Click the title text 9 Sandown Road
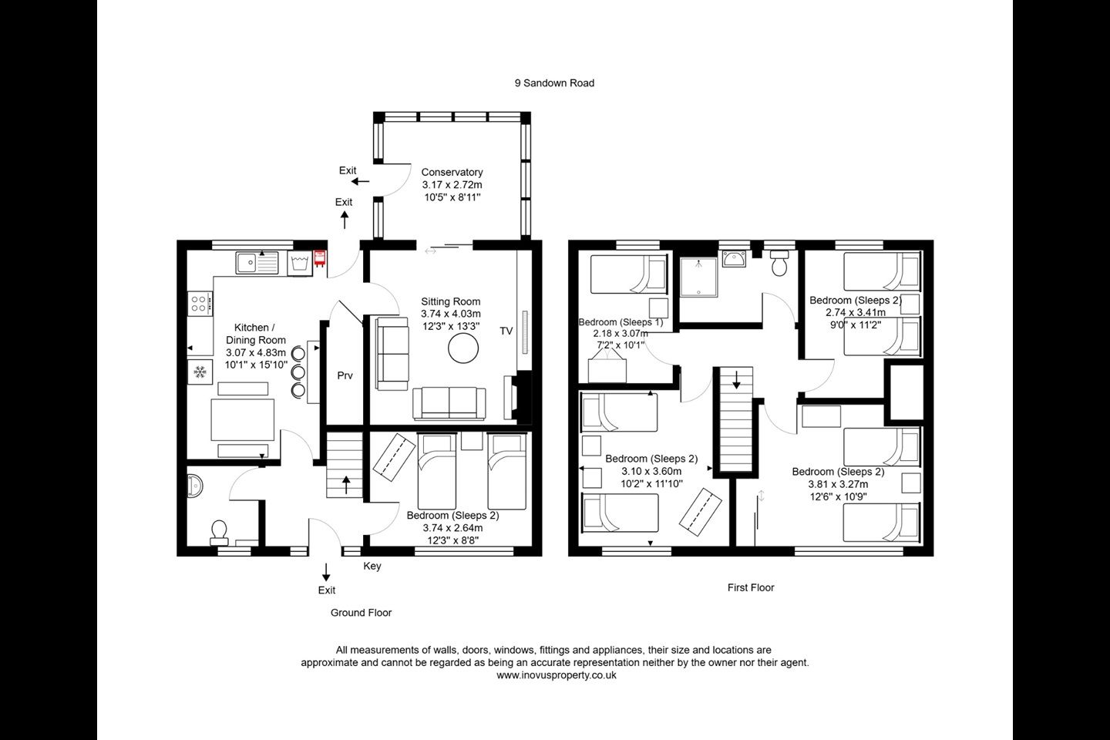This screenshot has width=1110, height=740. pyautogui.click(x=554, y=83)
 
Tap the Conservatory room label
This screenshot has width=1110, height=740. pyautogui.click(x=452, y=172)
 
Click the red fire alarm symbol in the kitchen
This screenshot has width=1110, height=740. pyautogui.click(x=320, y=259)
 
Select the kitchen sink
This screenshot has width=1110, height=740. pyautogui.click(x=257, y=263)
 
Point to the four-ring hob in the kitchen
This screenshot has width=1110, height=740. pyautogui.click(x=200, y=304)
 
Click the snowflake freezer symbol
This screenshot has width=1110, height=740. pyautogui.click(x=200, y=372)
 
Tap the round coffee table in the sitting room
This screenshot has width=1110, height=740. pyautogui.click(x=463, y=348)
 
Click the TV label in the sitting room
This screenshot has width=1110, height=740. pyautogui.click(x=506, y=331)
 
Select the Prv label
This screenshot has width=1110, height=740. pyautogui.click(x=345, y=375)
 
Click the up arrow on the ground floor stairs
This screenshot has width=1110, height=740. pyautogui.click(x=346, y=485)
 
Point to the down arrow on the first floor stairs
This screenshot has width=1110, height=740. pyautogui.click(x=736, y=380)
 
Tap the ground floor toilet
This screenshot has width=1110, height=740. pyautogui.click(x=219, y=532)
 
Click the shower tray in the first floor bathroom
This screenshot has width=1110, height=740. pyautogui.click(x=698, y=277)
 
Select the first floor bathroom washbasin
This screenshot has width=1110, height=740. pyautogui.click(x=734, y=258)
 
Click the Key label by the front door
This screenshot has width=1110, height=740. pyautogui.click(x=372, y=566)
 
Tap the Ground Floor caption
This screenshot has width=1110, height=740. pyautogui.click(x=362, y=613)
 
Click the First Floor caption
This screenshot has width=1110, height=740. pyautogui.click(x=751, y=587)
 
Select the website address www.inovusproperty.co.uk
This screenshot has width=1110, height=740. pyautogui.click(x=557, y=675)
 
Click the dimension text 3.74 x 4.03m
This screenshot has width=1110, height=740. pyautogui.click(x=451, y=314)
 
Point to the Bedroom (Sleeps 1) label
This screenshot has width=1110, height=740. pyautogui.click(x=621, y=322)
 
